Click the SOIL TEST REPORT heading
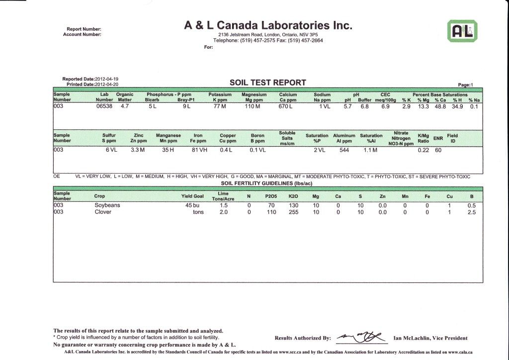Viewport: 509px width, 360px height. (x=267, y=83)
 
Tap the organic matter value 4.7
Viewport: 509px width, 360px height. (x=122, y=106)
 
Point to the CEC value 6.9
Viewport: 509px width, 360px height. (x=385, y=106)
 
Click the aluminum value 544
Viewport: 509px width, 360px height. (x=343, y=150)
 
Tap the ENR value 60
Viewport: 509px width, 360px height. (x=438, y=150)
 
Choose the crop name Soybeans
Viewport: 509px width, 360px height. (x=107, y=205)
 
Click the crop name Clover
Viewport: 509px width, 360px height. (x=103, y=212)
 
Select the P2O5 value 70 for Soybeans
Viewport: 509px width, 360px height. (x=271, y=205)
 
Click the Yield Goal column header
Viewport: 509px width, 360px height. (x=193, y=196)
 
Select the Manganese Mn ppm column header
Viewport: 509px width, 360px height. (x=168, y=137)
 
